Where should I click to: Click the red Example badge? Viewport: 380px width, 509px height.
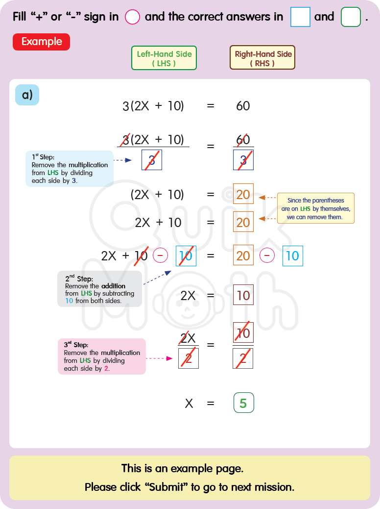point(42,42)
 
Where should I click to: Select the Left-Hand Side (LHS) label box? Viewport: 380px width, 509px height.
point(164,58)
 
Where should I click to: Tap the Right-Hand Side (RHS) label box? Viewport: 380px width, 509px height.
point(262,58)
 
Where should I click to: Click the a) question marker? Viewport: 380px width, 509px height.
point(27,95)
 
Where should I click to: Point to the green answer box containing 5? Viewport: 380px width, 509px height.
point(243,403)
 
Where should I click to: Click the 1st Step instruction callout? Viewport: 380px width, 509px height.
point(69,168)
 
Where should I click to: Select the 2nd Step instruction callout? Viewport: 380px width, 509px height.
point(99,289)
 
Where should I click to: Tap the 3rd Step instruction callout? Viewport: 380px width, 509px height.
point(101,356)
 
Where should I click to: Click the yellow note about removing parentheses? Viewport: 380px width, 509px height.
point(315,208)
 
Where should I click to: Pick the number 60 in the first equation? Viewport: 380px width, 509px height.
point(243,106)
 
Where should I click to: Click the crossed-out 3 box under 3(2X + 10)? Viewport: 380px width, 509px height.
point(152,160)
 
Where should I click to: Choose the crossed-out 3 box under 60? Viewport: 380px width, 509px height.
point(243,160)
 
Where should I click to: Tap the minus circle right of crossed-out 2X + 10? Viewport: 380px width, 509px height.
point(161,255)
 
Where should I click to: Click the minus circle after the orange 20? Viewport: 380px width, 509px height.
point(267,255)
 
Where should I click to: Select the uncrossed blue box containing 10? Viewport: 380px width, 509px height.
point(292,256)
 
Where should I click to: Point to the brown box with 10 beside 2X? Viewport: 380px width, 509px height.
point(243,295)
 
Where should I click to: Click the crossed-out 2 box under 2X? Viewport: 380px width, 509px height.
point(189,358)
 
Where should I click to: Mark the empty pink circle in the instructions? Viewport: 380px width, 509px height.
point(132,17)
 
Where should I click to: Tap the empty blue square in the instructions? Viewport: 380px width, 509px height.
point(300,17)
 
